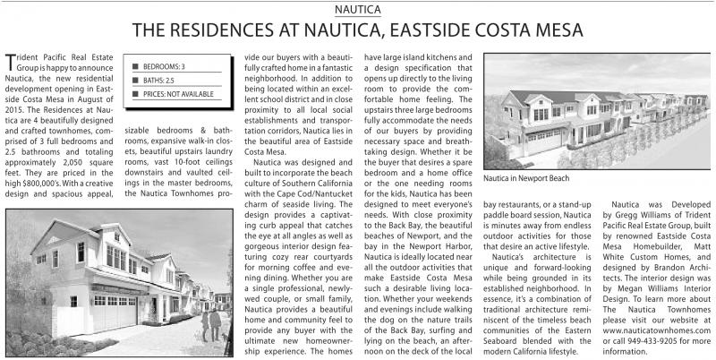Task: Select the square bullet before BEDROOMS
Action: (x=134, y=67)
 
